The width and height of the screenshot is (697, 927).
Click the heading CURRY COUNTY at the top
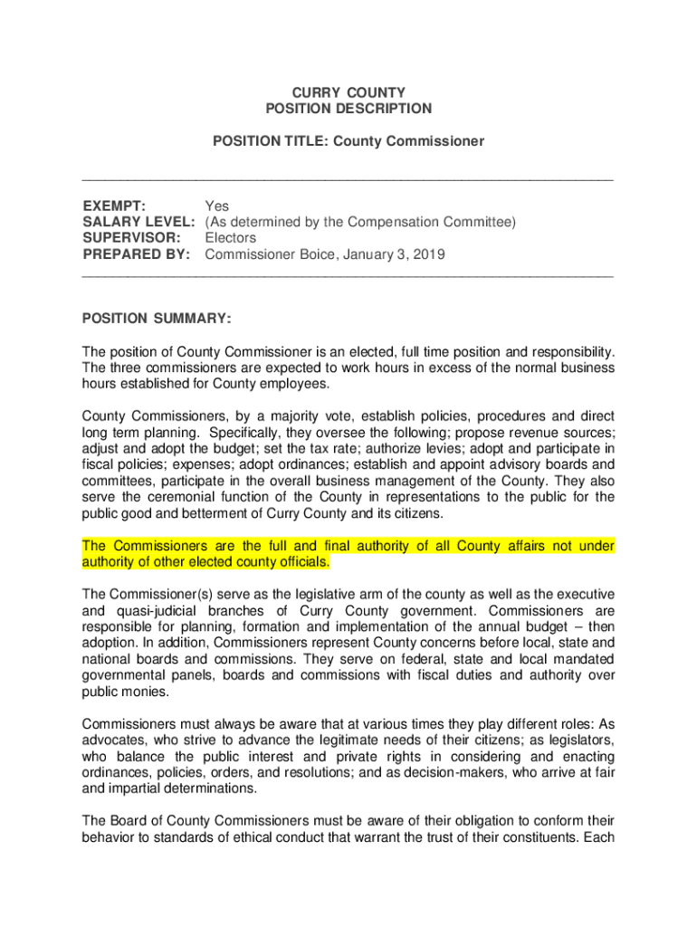pyautogui.click(x=348, y=92)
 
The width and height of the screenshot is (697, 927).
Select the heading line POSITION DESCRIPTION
pyautogui.click(x=348, y=109)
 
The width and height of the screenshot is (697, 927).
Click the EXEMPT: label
pyautogui.click(x=115, y=205)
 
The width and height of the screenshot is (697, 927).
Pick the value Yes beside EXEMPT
pyautogui.click(x=217, y=205)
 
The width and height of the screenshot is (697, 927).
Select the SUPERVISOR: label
pyautogui.click(x=129, y=238)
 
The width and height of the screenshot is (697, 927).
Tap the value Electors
pyautogui.click(x=231, y=238)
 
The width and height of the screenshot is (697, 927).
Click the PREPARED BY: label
pyautogui.click(x=137, y=254)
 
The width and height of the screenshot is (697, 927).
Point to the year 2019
pyautogui.click(x=429, y=254)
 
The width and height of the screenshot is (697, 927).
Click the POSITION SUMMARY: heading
pyautogui.click(x=157, y=319)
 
